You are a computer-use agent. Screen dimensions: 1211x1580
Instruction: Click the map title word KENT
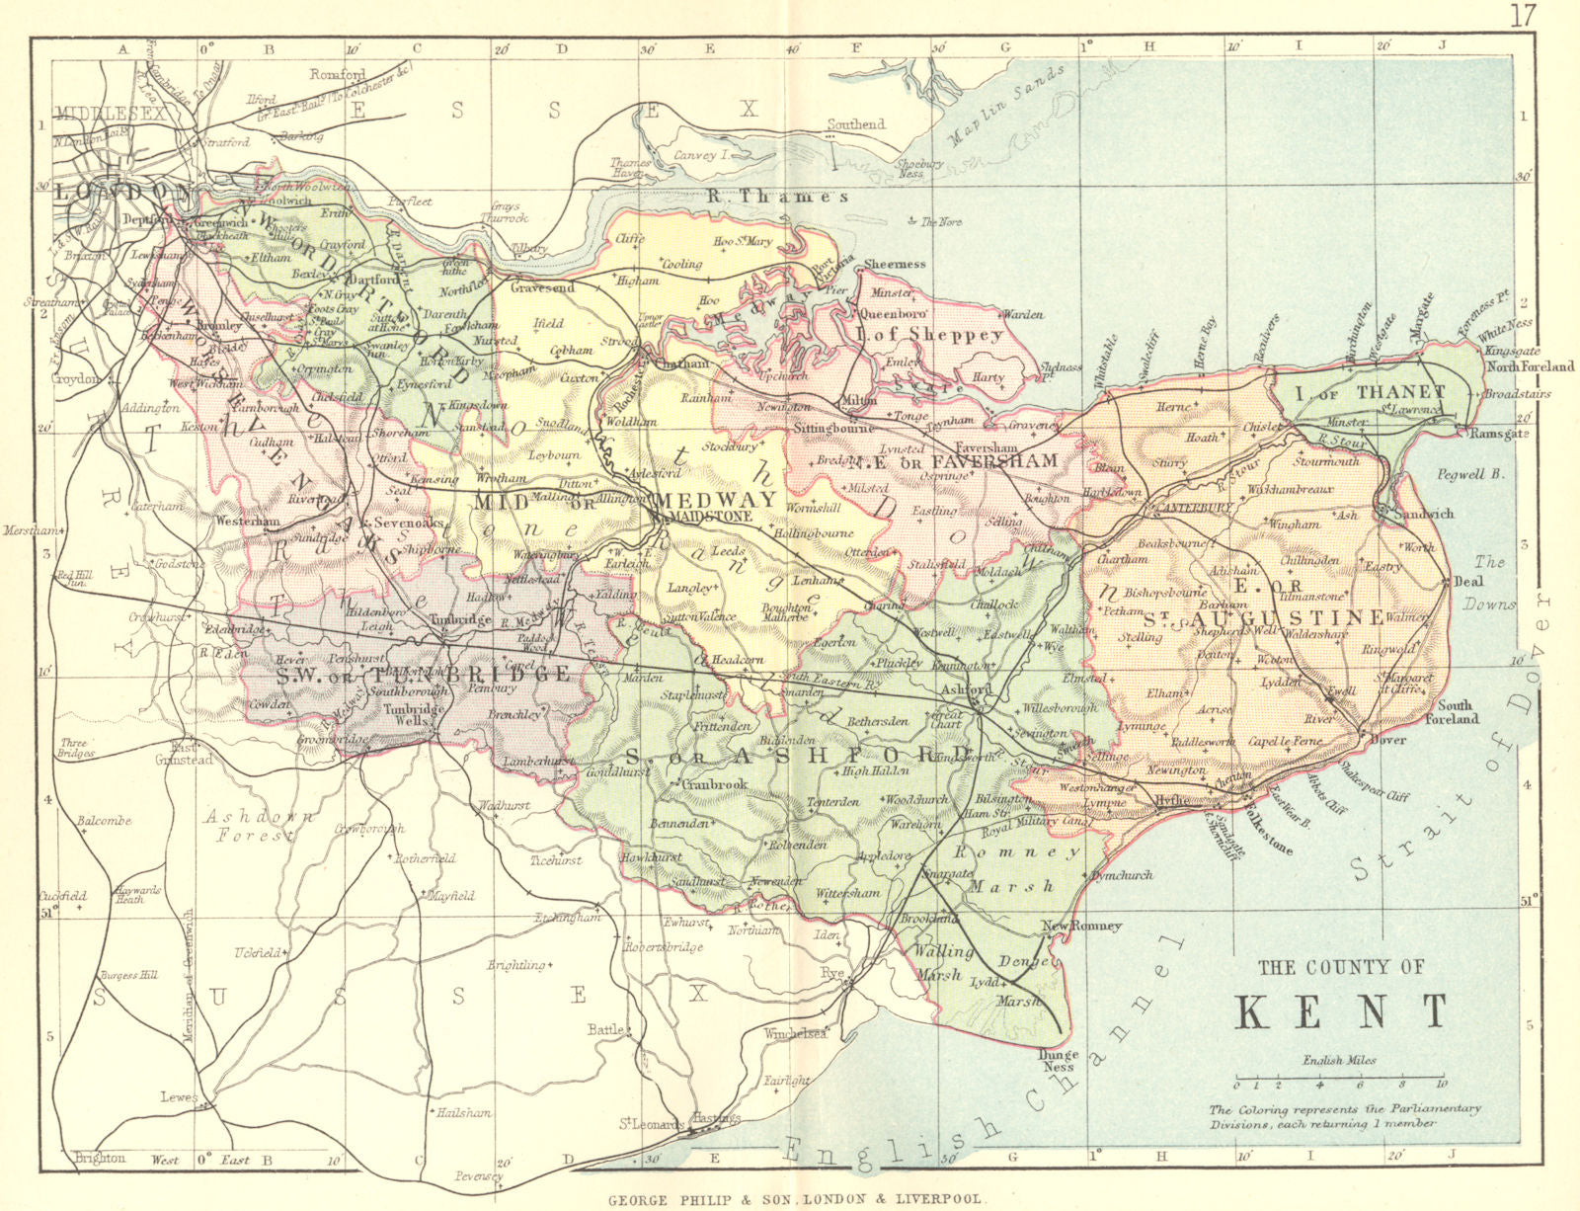point(1341,1011)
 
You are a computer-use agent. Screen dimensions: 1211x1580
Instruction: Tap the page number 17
point(1523,15)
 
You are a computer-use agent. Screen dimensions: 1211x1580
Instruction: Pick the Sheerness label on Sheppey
point(895,265)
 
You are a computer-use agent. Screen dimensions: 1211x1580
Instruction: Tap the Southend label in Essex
point(856,124)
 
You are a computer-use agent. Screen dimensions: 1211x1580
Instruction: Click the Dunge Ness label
point(1059,1061)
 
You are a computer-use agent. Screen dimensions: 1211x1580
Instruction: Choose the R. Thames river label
point(778,197)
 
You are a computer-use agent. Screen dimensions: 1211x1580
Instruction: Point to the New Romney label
point(1081,926)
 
